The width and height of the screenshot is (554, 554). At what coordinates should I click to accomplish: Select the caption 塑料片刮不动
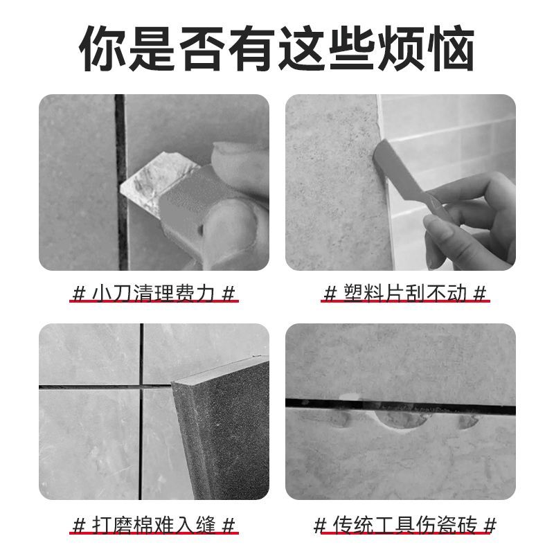click(406, 293)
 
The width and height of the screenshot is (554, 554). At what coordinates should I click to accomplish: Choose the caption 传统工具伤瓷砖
click(406, 524)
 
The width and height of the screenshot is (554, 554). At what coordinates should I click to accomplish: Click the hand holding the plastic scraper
click(478, 215)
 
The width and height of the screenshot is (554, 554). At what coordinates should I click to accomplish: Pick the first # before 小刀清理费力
click(78, 293)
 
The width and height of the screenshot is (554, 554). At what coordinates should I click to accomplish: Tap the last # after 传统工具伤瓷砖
click(490, 524)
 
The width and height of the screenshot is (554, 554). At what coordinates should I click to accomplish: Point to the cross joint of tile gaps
click(141, 386)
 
